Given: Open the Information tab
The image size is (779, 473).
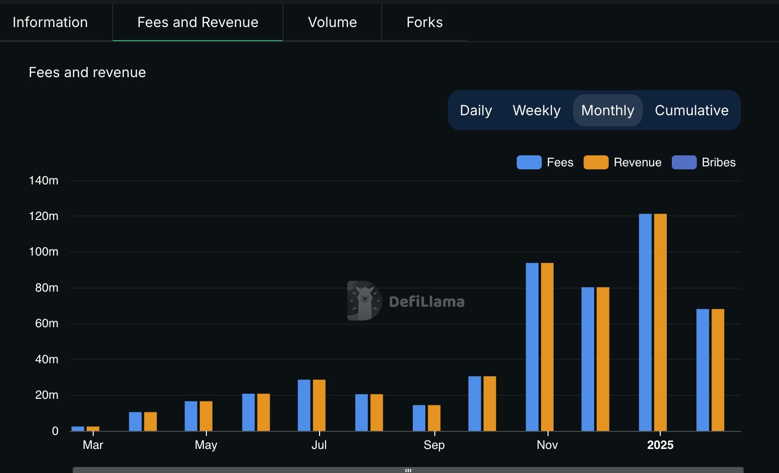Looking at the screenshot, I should (50, 22).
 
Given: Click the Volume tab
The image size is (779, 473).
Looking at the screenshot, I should (332, 22).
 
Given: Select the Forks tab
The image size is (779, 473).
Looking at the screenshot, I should (424, 22).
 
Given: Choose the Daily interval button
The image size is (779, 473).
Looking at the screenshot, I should (476, 110).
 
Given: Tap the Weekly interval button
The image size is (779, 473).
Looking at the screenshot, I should (537, 110).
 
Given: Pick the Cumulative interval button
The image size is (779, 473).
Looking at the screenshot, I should (691, 110).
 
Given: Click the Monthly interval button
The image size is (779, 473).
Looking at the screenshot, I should (608, 110).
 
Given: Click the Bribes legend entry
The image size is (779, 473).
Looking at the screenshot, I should (704, 162).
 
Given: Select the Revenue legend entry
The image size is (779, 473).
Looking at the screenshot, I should (623, 162).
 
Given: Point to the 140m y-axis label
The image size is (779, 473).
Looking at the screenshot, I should (44, 180).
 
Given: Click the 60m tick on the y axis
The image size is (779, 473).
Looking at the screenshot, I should (47, 324).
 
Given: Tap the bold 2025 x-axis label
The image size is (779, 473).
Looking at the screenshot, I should (660, 445).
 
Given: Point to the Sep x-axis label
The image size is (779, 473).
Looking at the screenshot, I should (434, 445).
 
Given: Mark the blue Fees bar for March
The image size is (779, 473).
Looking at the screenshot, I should (78, 428).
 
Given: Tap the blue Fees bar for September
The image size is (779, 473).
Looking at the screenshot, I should (419, 418).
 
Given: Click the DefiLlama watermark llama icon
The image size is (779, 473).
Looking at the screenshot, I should (364, 301).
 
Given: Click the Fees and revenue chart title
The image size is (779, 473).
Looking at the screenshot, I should (87, 73).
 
